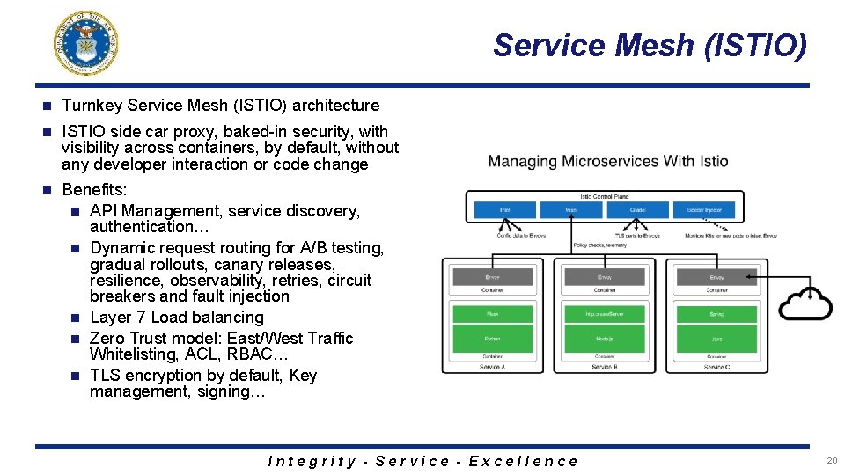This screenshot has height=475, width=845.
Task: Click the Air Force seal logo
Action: tap(86, 42)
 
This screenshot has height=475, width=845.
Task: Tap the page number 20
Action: tap(831, 460)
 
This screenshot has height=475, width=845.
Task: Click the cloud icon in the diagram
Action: tap(805, 303)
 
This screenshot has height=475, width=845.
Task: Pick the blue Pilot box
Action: tap(504, 210)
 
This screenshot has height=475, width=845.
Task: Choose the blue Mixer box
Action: tap(571, 210)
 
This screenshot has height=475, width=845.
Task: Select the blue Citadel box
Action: tap(638, 210)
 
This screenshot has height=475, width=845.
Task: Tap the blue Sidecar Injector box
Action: tap(707, 210)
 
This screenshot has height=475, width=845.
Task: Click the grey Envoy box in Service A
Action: tap(492, 276)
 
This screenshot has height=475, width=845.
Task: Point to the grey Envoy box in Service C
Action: tap(716, 276)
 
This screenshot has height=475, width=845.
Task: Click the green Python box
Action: tap(492, 338)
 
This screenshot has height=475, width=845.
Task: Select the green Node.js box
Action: tap(604, 338)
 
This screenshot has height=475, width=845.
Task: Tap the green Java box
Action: tap(716, 338)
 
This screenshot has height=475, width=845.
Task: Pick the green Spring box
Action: tap(716, 313)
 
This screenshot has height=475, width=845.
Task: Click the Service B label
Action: tap(604, 367)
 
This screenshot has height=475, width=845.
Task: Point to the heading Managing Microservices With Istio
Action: tap(608, 162)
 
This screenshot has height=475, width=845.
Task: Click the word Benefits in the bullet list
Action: tap(94, 190)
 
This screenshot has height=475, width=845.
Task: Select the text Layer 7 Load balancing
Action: tap(177, 318)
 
